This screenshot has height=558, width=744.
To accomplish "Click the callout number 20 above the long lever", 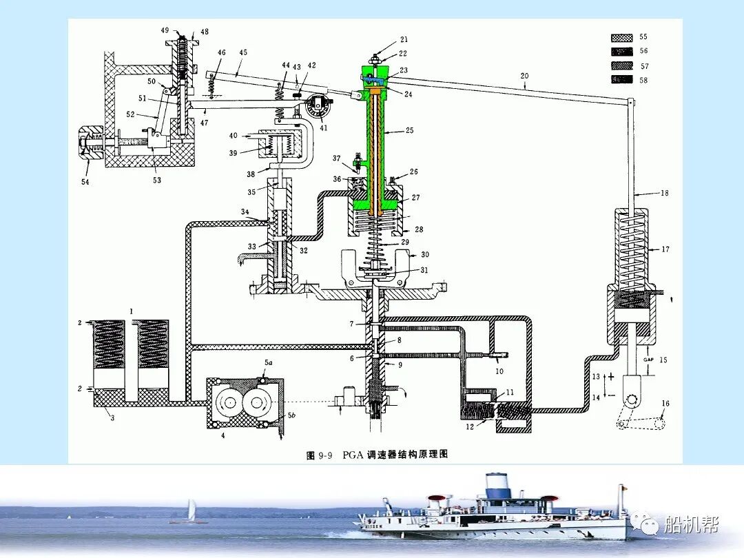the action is click(524, 76).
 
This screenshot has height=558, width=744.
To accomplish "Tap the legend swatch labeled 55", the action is click(622, 37).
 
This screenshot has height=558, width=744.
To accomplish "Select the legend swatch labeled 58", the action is click(622, 80).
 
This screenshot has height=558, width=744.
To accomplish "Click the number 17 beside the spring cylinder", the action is click(664, 249).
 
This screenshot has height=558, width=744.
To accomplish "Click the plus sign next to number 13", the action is click(610, 376).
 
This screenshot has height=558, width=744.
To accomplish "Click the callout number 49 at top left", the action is click(165, 31).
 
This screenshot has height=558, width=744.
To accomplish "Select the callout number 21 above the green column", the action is click(404, 40).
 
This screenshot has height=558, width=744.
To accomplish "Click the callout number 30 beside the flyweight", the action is click(425, 255).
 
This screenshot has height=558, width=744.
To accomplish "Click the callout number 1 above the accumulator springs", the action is click(130, 312).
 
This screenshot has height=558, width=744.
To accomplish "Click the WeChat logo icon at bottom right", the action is click(650, 526).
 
